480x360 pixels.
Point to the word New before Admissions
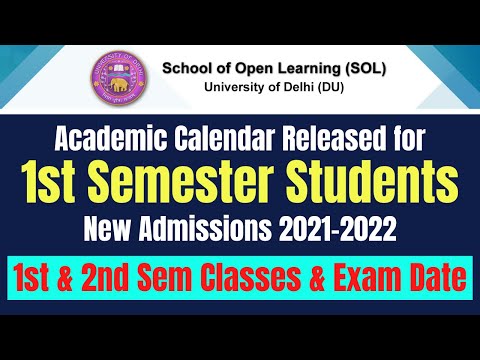point(106,229)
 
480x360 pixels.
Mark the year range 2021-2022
point(332,229)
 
